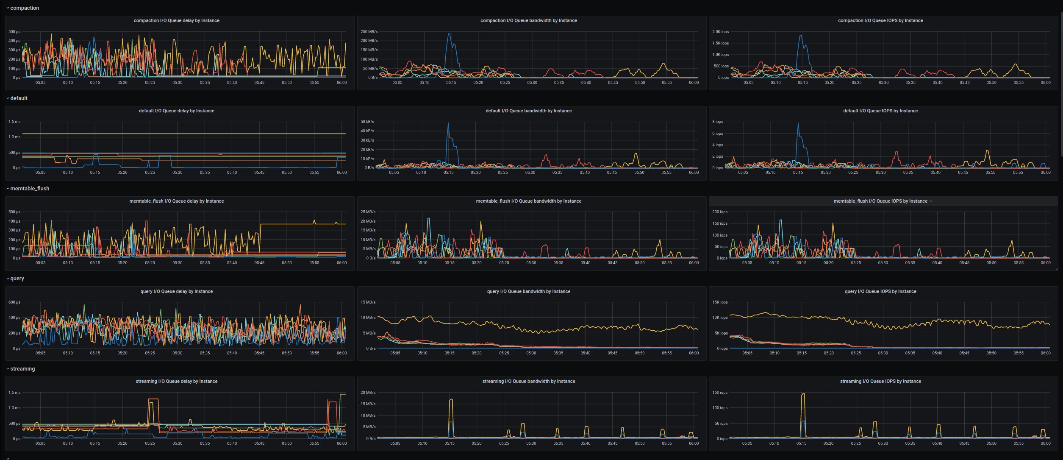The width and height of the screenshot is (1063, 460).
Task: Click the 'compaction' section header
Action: [25, 8]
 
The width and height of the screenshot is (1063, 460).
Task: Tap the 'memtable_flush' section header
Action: [30, 189]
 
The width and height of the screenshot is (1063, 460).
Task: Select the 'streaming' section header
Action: [22, 369]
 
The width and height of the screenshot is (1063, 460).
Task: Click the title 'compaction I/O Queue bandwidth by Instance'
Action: [528, 20]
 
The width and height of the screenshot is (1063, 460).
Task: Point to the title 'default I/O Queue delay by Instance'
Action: [177, 111]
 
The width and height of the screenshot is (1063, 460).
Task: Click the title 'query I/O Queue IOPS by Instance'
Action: [880, 291]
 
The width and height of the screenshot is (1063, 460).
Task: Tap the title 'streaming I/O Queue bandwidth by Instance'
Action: [528, 381]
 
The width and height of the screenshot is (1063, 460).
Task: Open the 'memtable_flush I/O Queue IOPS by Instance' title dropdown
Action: [931, 201]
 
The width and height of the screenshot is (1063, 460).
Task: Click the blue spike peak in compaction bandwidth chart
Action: [449, 34]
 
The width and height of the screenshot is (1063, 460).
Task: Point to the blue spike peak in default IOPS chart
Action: [798, 123]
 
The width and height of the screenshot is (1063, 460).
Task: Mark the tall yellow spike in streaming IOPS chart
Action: [803, 394]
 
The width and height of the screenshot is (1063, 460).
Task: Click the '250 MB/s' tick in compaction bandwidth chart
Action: [369, 32]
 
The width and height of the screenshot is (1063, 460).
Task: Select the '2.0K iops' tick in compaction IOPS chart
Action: [720, 32]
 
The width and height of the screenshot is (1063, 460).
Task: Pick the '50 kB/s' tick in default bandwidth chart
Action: [367, 122]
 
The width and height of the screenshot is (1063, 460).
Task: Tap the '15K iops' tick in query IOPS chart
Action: [720, 302]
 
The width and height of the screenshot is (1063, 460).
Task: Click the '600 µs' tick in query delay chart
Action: [14, 302]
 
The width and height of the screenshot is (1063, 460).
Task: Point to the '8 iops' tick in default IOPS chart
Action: [718, 122]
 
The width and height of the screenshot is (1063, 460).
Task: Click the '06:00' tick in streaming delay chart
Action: [341, 443]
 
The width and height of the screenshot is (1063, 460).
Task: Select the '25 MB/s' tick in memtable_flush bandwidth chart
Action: [368, 212]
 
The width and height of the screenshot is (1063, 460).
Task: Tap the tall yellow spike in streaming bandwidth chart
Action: [451, 399]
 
